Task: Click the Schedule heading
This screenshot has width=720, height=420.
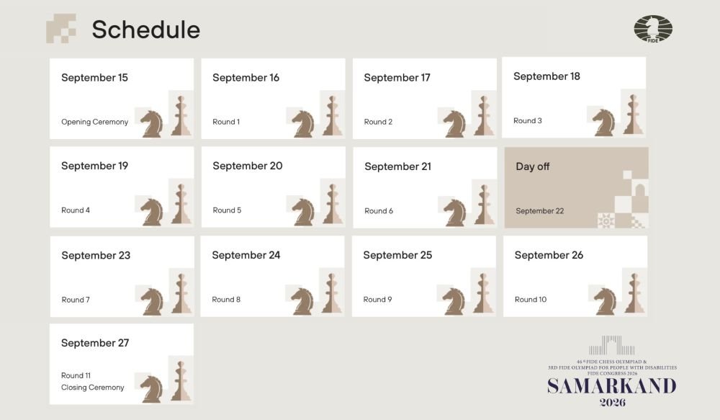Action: click(x=146, y=30)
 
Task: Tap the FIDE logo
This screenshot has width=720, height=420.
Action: click(x=653, y=29)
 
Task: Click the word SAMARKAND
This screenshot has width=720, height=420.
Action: click(x=611, y=386)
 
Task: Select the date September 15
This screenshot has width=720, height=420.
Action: click(x=94, y=78)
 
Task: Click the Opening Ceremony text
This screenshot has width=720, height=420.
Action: click(x=94, y=122)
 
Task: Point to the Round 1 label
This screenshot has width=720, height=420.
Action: click(x=226, y=122)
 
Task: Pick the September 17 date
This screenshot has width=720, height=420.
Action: click(x=397, y=78)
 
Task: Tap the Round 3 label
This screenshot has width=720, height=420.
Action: click(x=528, y=120)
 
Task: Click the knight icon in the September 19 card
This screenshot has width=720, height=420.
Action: click(x=152, y=212)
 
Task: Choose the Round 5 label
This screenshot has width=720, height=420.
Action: click(x=227, y=210)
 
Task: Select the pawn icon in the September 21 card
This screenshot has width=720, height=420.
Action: click(x=483, y=205)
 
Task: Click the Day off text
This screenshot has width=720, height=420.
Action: click(x=533, y=166)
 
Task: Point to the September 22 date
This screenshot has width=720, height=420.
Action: click(x=539, y=211)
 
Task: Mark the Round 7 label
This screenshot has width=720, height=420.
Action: click(x=76, y=300)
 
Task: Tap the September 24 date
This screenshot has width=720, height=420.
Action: click(x=246, y=255)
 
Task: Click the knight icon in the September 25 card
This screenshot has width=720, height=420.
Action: click(x=454, y=301)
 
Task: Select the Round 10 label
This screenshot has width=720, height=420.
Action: click(x=531, y=299)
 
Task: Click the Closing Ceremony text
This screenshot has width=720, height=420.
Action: click(x=93, y=388)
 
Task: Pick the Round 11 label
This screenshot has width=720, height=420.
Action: click(x=76, y=375)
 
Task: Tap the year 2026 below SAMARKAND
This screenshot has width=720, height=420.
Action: click(x=613, y=403)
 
